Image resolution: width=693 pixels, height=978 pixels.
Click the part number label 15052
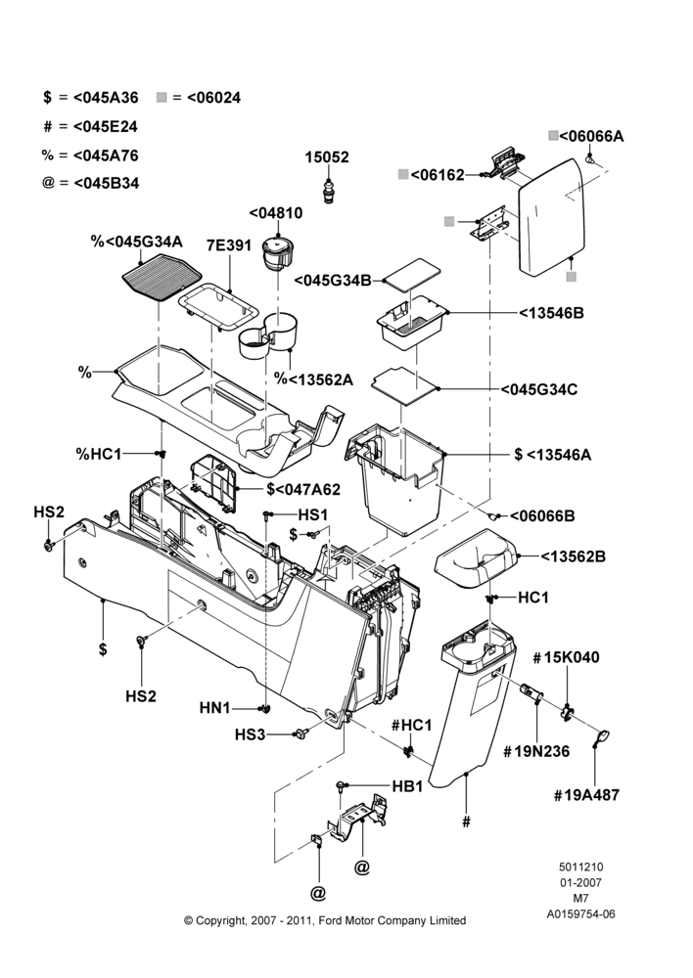(327, 157)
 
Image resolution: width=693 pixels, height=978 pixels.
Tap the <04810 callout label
(276, 212)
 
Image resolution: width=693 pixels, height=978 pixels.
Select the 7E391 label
(228, 245)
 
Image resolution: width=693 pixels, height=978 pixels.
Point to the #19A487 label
(586, 794)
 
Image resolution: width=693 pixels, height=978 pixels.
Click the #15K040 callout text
(566, 657)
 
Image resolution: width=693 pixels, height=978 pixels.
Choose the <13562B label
(573, 556)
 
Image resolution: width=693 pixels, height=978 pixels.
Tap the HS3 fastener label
(250, 734)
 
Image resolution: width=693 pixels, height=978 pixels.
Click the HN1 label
(214, 708)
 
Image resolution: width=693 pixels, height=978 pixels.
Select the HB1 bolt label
(407, 786)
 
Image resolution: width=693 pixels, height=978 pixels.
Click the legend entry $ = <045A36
(90, 97)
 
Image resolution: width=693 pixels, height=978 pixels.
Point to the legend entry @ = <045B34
(90, 184)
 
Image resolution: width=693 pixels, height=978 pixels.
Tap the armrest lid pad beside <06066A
(552, 216)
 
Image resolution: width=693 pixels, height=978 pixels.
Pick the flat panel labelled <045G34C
(404, 386)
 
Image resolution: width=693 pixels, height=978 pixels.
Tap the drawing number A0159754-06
(580, 914)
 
